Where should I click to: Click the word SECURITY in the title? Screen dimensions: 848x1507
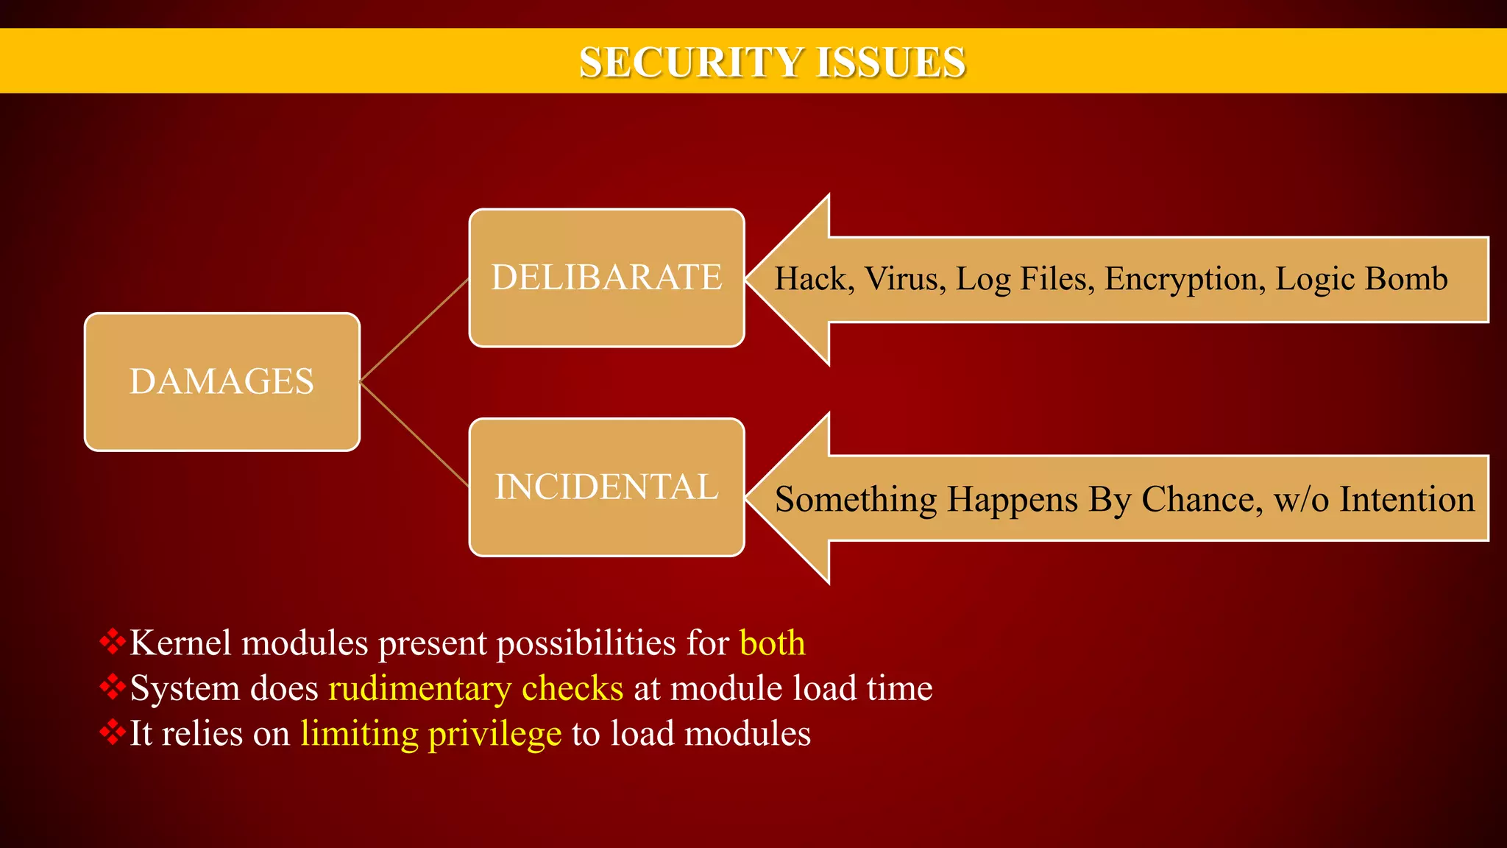click(688, 62)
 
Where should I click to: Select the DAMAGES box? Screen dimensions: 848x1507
click(221, 381)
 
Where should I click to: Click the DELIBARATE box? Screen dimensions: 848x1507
click(606, 278)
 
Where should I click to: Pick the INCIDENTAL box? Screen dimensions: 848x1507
click(606, 487)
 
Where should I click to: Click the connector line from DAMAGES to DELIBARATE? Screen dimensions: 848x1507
click(414, 330)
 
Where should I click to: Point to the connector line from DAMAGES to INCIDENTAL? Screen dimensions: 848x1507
click(414, 434)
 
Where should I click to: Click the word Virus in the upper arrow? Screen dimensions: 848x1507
click(904, 279)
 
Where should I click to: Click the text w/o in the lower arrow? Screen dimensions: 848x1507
click(1301, 500)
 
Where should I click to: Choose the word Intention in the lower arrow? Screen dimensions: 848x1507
click(1406, 500)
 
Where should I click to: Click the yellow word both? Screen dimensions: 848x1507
click(772, 643)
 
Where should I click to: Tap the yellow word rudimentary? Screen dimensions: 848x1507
click(419, 689)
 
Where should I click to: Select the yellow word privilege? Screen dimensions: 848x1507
click(494, 735)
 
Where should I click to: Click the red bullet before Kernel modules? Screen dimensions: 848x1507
click(113, 641)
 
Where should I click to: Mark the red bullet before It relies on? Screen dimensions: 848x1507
click(113, 732)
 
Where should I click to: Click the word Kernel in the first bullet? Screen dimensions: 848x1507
click(180, 643)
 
